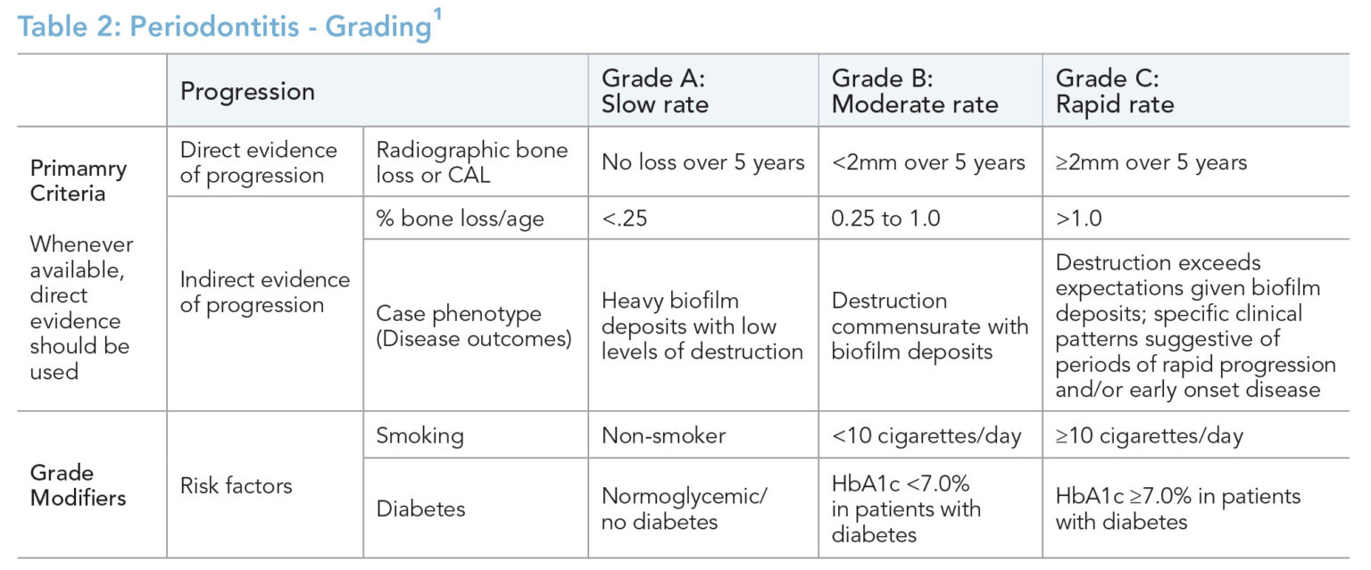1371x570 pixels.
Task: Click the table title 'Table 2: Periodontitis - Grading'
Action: point(223,26)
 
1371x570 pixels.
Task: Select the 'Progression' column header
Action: point(247,92)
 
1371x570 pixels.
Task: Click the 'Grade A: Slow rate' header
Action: point(655,91)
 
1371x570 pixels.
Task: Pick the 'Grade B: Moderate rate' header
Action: point(915,91)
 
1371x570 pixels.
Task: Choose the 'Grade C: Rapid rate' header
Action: point(1115,91)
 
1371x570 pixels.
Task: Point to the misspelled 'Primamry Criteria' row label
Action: point(79,181)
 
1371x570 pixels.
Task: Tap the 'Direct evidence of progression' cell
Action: point(258,162)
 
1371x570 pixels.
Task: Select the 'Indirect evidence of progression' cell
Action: point(264,293)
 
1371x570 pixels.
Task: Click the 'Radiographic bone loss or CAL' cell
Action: point(471,162)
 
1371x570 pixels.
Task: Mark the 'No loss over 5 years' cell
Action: point(702,162)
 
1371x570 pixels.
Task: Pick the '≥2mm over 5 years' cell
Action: point(1151,162)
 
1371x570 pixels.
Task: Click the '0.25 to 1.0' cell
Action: point(885,219)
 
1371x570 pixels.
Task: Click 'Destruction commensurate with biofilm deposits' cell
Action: point(929,326)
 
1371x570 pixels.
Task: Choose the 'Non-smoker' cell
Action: point(663,436)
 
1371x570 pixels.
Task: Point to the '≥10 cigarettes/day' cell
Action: point(1149,436)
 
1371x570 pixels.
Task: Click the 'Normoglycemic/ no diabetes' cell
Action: point(684,508)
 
